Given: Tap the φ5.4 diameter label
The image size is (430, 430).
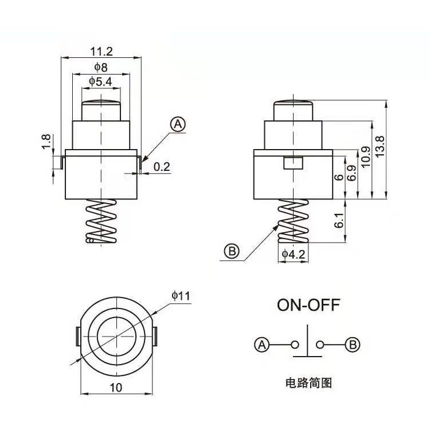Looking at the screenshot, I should [x=100, y=82].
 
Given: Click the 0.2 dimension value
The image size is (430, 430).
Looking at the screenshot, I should [x=162, y=167].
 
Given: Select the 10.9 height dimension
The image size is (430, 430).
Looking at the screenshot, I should [x=365, y=157].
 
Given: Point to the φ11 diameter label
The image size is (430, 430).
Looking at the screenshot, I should [x=181, y=295].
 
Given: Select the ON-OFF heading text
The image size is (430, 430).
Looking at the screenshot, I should [x=308, y=304].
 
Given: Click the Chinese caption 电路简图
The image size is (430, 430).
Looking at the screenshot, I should [x=308, y=383].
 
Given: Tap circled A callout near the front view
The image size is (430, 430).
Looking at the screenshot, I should [x=178, y=124].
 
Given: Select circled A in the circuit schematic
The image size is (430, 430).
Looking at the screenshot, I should [x=261, y=345].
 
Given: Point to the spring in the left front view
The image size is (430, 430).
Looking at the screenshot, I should [x=100, y=222].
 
